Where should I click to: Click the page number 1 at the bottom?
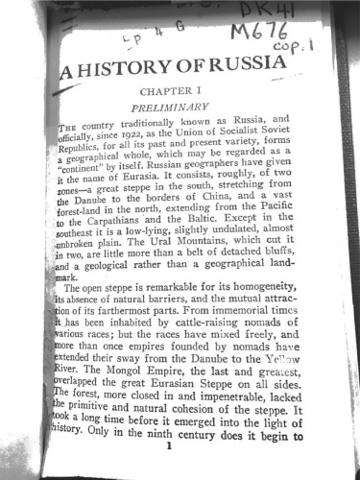[x=170, y=446]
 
